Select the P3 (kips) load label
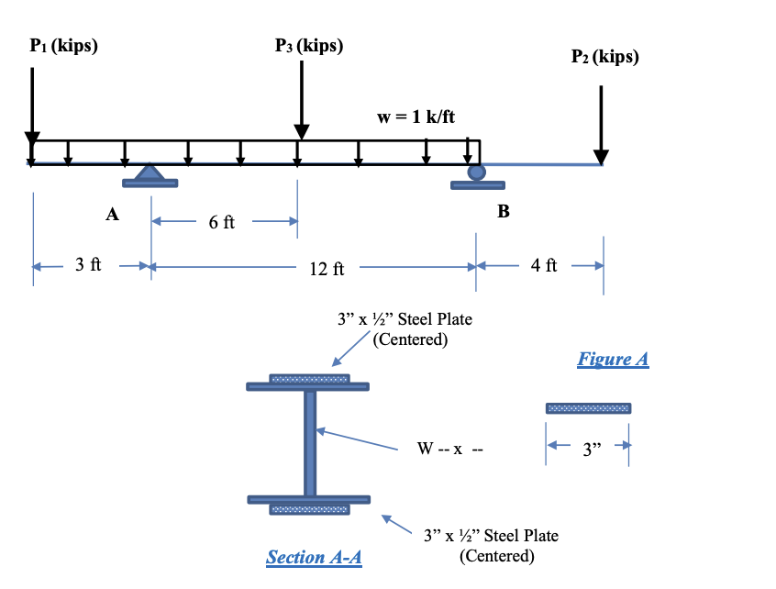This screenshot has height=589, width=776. point(309,45)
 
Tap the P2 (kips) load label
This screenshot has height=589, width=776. point(604,57)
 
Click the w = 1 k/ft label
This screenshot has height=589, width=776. point(416,117)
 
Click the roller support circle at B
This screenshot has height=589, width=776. point(476,172)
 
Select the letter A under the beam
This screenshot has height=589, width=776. point(112,216)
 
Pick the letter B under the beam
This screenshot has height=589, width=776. point(503,212)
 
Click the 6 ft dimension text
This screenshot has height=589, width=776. point(221,222)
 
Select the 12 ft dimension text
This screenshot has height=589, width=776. point(327,269)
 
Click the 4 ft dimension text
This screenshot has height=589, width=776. point(544,266)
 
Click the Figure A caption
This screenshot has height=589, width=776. point(613,359)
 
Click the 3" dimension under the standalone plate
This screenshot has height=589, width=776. point(588,450)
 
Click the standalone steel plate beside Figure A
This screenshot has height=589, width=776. point(588,407)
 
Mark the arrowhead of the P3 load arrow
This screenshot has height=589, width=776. point(301,133)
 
